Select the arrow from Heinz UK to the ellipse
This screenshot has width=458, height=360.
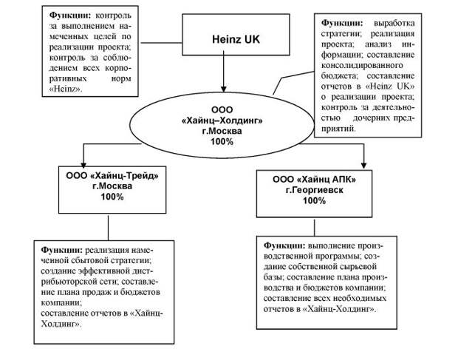click(222, 75)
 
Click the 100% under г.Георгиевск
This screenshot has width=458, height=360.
click(314, 200)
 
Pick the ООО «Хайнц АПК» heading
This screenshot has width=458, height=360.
click(314, 179)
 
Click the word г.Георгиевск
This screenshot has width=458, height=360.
click(314, 190)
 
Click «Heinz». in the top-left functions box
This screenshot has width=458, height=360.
click(65, 89)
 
